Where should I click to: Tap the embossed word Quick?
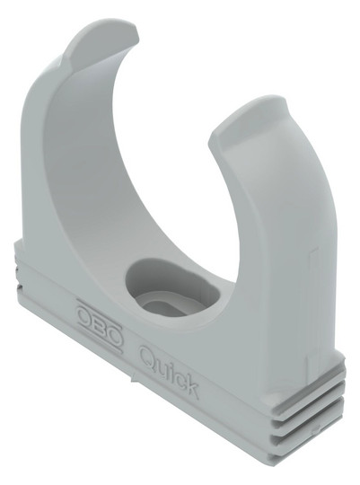(169, 371)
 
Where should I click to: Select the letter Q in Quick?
(148, 356)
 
